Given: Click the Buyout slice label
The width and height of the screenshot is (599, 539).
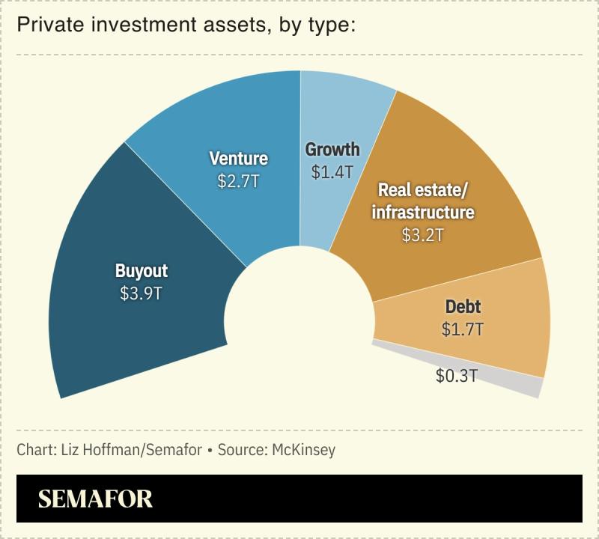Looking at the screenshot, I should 142,270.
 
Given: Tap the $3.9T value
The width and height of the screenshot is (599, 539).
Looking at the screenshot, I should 142,293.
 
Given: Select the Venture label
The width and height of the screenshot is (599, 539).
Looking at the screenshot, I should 238,158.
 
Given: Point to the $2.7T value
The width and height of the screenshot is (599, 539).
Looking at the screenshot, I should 238,181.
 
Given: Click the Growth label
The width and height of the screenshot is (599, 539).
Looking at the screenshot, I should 332,149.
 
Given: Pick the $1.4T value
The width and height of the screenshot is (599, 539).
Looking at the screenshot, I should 332,172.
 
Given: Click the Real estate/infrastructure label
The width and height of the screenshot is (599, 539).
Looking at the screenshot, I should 423,201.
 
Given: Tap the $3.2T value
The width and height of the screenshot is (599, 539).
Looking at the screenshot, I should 423,235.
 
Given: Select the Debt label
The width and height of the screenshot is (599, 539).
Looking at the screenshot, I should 463,306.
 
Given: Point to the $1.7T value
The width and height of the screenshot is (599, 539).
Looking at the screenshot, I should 463,329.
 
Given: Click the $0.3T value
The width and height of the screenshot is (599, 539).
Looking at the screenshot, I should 457,376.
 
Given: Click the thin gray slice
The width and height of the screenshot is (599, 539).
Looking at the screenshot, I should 524,383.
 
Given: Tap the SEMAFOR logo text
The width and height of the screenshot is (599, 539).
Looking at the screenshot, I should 95,499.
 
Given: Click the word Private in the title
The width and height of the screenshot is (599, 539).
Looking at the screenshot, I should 44,26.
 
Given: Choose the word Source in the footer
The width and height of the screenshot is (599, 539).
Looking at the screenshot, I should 238,450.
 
